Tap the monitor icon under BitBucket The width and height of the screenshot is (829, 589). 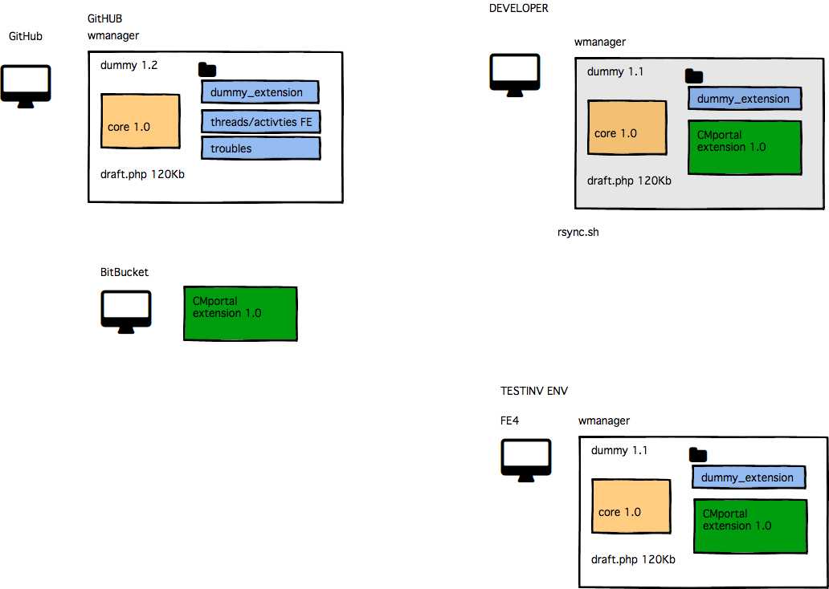click(x=126, y=311)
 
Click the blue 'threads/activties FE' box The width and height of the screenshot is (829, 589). click(x=260, y=121)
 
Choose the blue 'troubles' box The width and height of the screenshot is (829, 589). click(x=260, y=148)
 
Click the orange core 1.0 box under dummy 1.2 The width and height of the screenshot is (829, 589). click(x=141, y=121)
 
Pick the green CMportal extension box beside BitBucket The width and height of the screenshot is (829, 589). click(x=240, y=313)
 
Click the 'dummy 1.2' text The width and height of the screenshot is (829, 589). click(x=129, y=65)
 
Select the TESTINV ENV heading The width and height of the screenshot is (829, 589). click(x=534, y=391)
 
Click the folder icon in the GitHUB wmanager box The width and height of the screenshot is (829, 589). click(x=207, y=70)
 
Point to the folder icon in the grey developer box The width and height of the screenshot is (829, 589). click(x=694, y=76)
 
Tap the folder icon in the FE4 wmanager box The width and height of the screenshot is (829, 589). click(x=698, y=455)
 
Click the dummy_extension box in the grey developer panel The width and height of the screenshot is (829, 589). click(x=744, y=99)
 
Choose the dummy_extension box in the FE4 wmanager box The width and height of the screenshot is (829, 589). click(x=748, y=477)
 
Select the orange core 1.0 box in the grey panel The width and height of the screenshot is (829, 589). click(x=627, y=128)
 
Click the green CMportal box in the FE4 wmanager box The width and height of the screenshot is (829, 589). click(x=750, y=526)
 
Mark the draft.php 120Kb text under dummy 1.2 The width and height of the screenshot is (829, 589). click(x=142, y=174)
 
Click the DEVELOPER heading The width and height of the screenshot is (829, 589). click(x=518, y=8)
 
